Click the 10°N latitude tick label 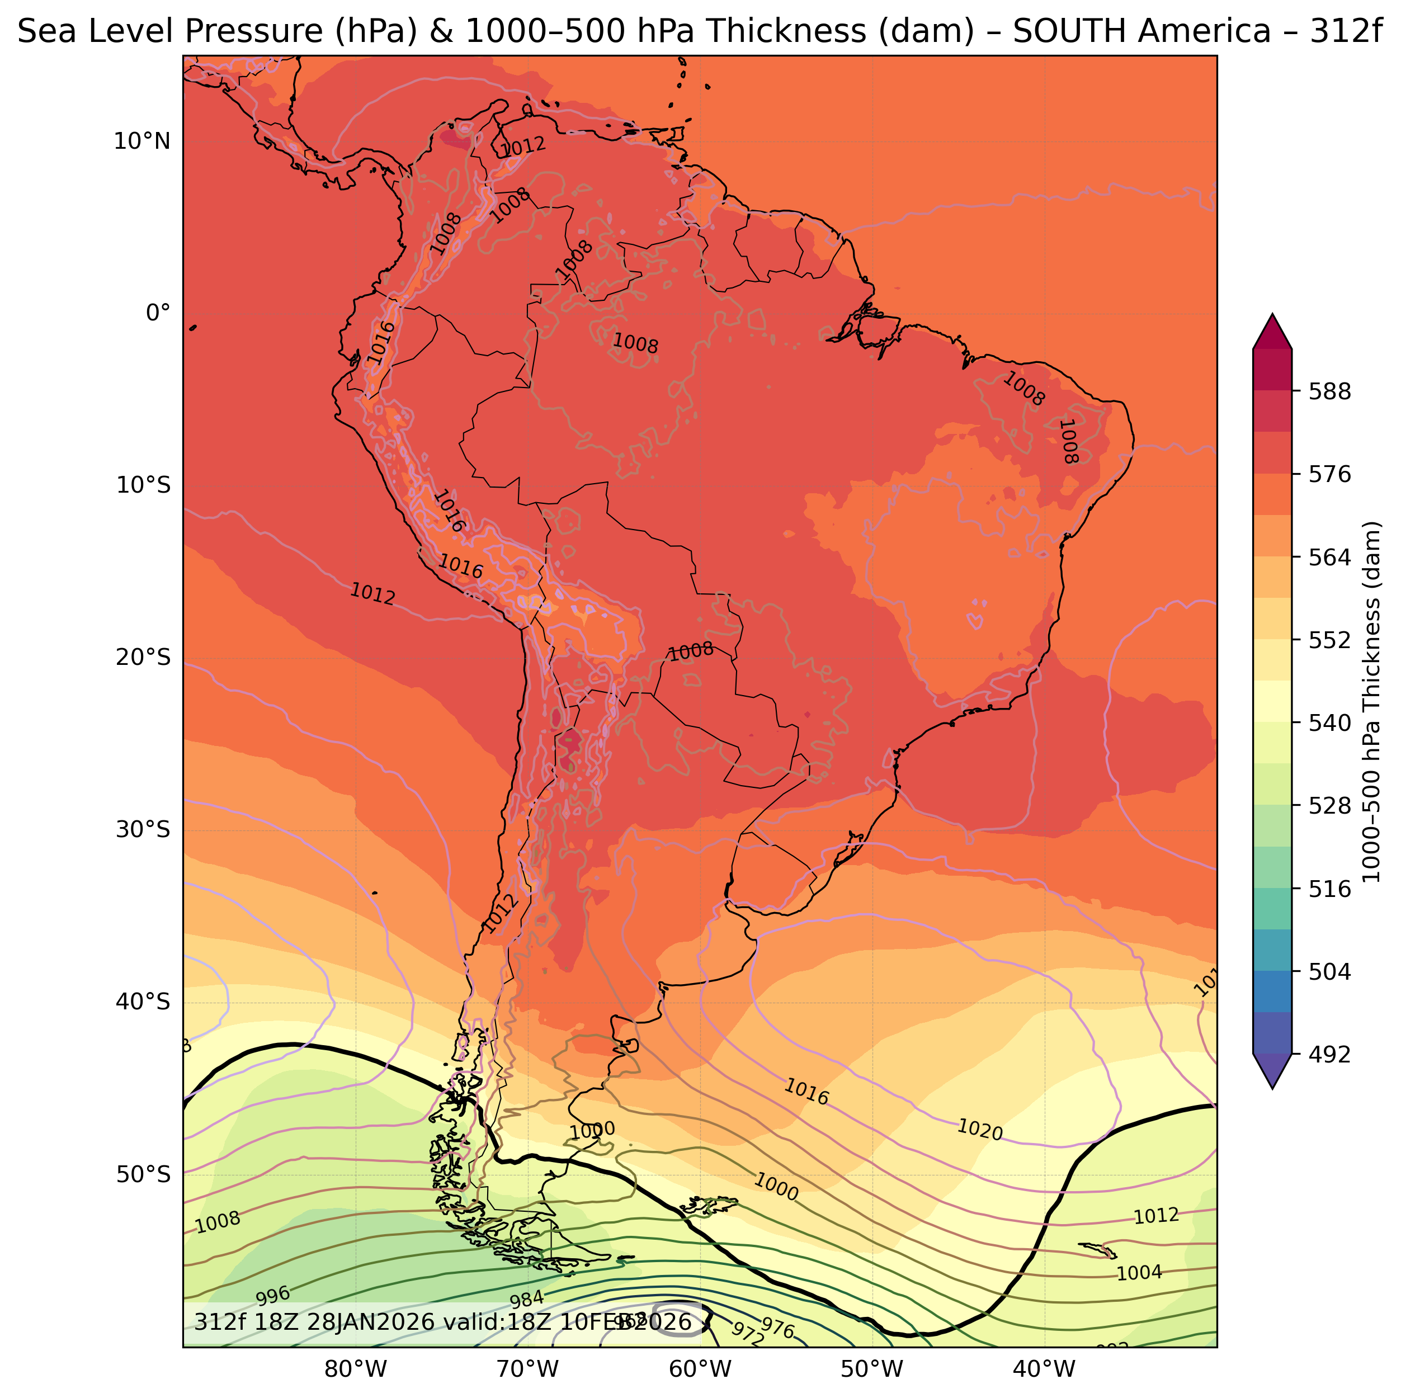click(x=141, y=141)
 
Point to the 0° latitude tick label click(x=158, y=313)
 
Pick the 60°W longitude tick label click(x=700, y=1369)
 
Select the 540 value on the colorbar click(x=1329, y=723)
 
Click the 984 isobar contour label click(x=526, y=1300)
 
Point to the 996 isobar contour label click(x=273, y=1295)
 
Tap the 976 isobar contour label click(x=778, y=1329)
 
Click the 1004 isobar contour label click(x=1139, y=1273)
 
